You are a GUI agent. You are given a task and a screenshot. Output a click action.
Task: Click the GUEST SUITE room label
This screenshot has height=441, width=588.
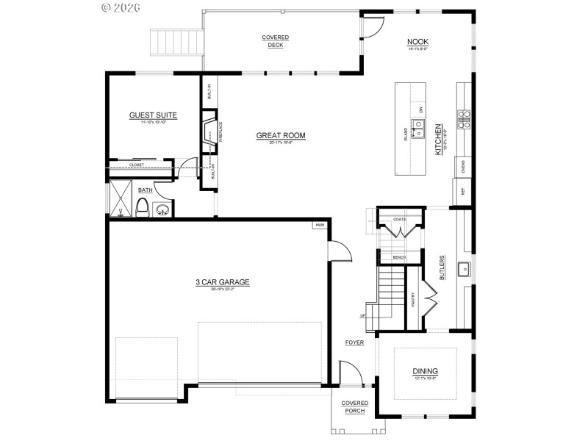153,115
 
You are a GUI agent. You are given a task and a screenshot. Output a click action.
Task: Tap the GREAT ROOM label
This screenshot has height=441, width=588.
280,135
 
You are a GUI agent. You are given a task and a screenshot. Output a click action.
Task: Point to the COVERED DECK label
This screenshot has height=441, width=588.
276,40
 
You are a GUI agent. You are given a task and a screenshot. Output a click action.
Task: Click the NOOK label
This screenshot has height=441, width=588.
418,42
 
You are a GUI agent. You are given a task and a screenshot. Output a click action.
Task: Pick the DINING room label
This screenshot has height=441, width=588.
425,371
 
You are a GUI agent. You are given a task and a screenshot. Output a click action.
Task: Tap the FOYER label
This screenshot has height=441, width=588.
355,343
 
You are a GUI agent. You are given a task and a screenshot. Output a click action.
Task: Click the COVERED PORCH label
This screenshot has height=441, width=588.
354,406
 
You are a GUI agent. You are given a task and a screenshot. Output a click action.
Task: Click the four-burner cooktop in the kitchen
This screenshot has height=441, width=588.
465,119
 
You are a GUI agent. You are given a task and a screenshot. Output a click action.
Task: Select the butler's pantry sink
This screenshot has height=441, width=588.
465,269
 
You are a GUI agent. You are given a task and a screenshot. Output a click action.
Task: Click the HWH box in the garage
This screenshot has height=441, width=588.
320,225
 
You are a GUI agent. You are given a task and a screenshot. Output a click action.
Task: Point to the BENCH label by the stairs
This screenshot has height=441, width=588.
399,257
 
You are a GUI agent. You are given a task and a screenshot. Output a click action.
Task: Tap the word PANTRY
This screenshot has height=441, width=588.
413,299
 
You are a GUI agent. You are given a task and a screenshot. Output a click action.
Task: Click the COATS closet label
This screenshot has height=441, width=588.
399,218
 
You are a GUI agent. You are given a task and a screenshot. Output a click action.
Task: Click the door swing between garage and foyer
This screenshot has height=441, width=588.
337,250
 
